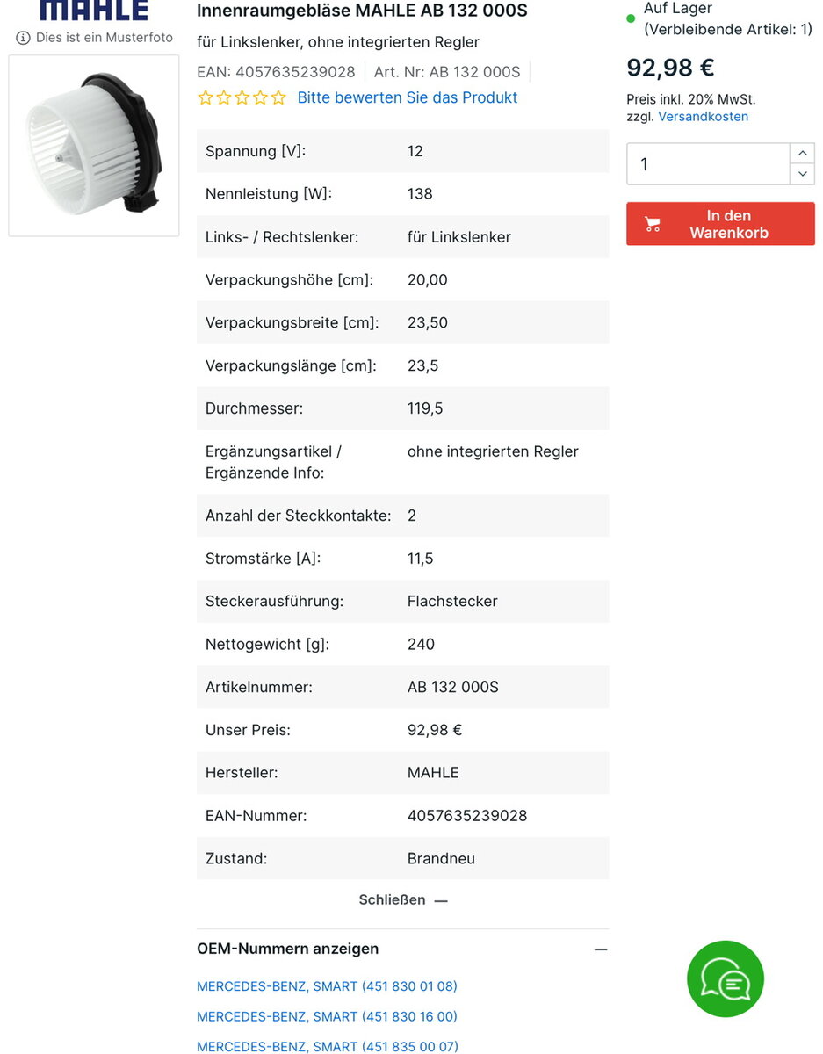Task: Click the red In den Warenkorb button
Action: (x=720, y=224)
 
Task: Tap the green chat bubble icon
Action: (x=726, y=978)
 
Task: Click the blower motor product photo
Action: (x=94, y=146)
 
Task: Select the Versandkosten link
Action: (x=703, y=117)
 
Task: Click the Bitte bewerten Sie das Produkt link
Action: (x=408, y=97)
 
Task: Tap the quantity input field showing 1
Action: (x=707, y=164)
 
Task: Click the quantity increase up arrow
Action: (x=802, y=154)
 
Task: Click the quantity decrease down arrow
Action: (x=802, y=174)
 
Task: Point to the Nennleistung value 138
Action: (x=420, y=194)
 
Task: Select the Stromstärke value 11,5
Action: (x=420, y=559)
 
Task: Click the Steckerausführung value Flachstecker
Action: (x=452, y=602)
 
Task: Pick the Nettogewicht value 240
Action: (x=421, y=645)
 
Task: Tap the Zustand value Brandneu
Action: (x=441, y=859)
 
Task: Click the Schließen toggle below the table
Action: (x=403, y=900)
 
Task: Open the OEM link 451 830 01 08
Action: (x=327, y=986)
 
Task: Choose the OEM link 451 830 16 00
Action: (x=327, y=1016)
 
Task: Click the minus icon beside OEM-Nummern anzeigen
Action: (x=601, y=949)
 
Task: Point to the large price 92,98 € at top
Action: (x=670, y=68)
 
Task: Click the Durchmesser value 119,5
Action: (x=424, y=408)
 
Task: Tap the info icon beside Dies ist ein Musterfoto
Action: (x=23, y=39)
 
